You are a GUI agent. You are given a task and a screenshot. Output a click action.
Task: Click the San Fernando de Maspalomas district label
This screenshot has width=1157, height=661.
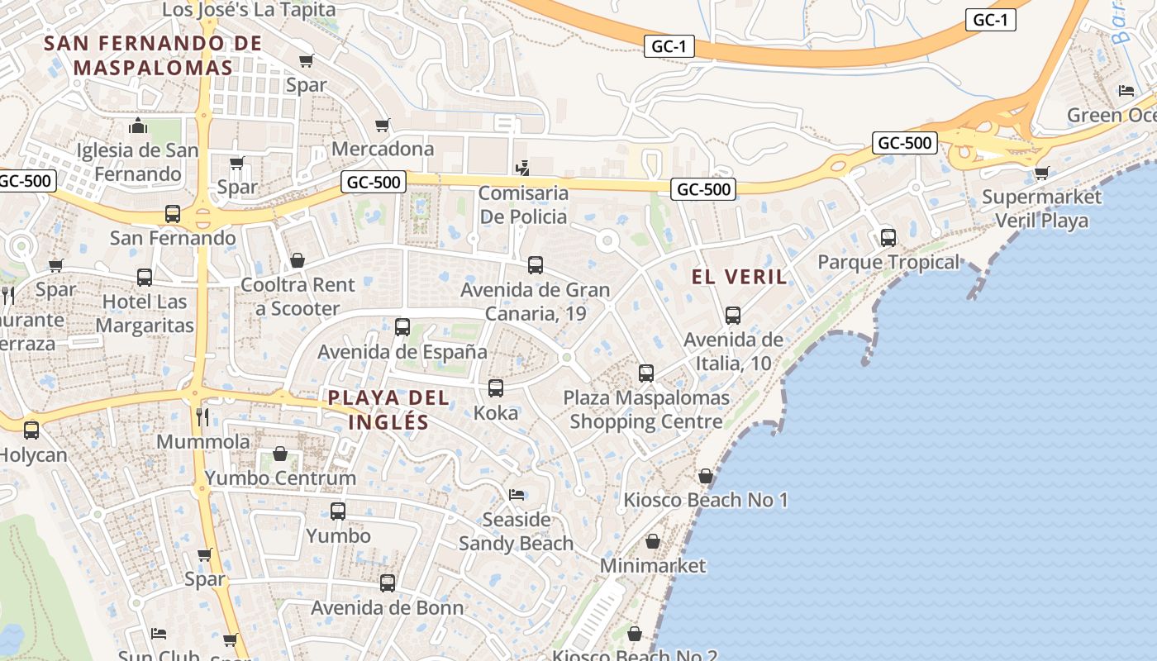[x=153, y=55]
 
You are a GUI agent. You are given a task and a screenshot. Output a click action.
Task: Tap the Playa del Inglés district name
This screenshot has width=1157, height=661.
[x=388, y=410]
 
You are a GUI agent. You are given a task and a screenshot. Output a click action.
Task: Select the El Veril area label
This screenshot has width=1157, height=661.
[x=740, y=277]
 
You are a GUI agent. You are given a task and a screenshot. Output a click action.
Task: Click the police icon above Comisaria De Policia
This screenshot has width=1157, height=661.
[x=522, y=169]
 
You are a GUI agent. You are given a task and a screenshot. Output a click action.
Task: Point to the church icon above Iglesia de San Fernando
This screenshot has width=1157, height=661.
[x=137, y=126]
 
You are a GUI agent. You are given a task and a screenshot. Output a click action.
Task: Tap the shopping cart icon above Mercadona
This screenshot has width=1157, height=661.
[x=382, y=125]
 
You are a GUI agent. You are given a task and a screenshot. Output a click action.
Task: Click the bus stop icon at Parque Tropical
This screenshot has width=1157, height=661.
[x=888, y=238]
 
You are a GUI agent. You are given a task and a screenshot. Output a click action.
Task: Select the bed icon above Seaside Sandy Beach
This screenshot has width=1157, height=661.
[x=517, y=495]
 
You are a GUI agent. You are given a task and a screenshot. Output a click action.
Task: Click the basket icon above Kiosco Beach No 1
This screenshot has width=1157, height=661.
[x=706, y=476]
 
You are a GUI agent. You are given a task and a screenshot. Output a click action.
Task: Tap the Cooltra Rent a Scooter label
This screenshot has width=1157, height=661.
[x=298, y=297]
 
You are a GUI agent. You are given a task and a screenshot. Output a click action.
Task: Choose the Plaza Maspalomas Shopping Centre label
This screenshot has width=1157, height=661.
[x=646, y=410]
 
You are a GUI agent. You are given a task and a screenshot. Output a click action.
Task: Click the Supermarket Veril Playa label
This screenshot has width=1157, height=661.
[x=1041, y=209]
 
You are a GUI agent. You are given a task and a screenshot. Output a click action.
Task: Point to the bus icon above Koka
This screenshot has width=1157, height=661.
[x=496, y=388]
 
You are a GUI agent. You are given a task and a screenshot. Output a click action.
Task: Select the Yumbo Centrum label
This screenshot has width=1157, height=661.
[x=280, y=478]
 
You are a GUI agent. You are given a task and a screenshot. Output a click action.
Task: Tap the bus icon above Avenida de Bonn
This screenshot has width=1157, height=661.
[x=388, y=583]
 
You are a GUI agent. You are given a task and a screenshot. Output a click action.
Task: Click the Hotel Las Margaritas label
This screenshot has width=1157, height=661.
[x=145, y=313]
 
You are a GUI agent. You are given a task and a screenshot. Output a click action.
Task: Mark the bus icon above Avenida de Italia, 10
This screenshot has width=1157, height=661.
[x=733, y=316]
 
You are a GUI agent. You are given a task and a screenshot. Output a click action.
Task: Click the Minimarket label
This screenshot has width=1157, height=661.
[x=653, y=565]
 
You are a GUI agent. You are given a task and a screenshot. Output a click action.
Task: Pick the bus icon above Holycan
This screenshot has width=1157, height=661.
[x=31, y=430]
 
